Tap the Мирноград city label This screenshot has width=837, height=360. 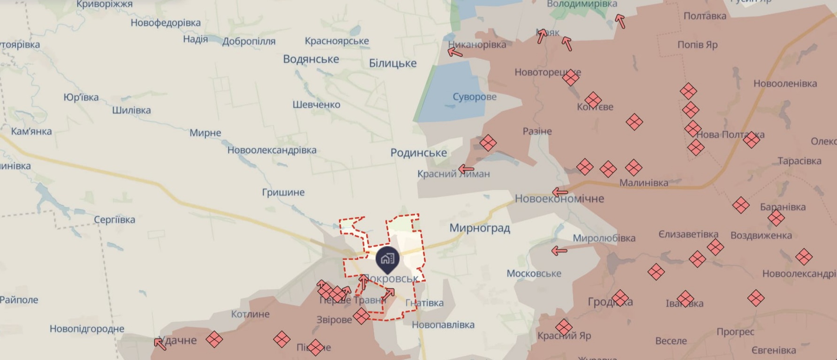coord(479,228)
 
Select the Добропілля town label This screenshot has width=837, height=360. coord(249,41)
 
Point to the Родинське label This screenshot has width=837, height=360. coord(418,153)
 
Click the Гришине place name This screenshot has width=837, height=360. coord(283,192)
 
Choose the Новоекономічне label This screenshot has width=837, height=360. coord(559,199)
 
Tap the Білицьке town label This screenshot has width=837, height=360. coord(392,63)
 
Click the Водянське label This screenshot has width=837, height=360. coord(311,60)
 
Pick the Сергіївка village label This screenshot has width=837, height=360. coord(114,219)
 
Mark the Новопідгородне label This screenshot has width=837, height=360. coord(87,329)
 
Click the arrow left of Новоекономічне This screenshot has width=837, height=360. coord(560,192)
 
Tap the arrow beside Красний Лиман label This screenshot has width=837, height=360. coord(466,169)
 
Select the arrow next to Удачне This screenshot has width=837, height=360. coord(160,344)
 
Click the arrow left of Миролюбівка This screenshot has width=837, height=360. coord(559,251)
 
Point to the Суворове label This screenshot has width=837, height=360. coord(475,97)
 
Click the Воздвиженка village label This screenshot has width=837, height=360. coord(761,235)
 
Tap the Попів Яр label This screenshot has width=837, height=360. coord(697,45)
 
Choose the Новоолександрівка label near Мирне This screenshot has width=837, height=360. coord(272,150)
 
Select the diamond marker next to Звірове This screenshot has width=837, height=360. coord(361,316)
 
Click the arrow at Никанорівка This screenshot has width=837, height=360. coord(454,51)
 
